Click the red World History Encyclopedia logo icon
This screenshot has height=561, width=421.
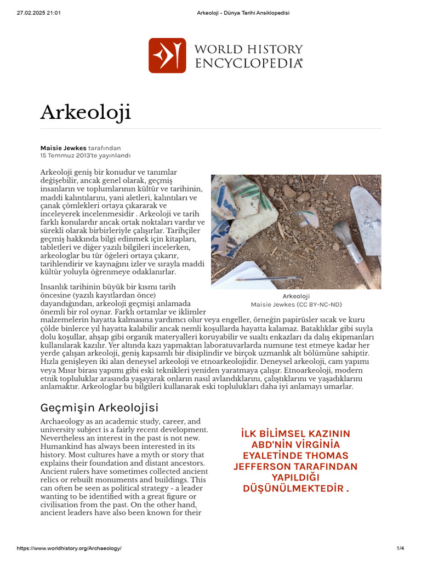pos(167,55)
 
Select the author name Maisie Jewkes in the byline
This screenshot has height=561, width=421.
pos(63,148)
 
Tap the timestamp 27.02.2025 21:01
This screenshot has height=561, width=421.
pos(39,13)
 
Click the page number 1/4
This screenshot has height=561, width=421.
pos(400,548)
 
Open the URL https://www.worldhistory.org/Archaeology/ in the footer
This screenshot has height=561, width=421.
pos(69,548)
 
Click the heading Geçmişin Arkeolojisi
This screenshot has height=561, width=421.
pos(99,408)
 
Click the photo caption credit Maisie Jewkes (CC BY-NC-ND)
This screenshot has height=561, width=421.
pos(296,305)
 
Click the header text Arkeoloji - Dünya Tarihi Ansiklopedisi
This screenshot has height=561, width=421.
pos(242,13)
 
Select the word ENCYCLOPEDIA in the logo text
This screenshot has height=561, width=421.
pos(248,64)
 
